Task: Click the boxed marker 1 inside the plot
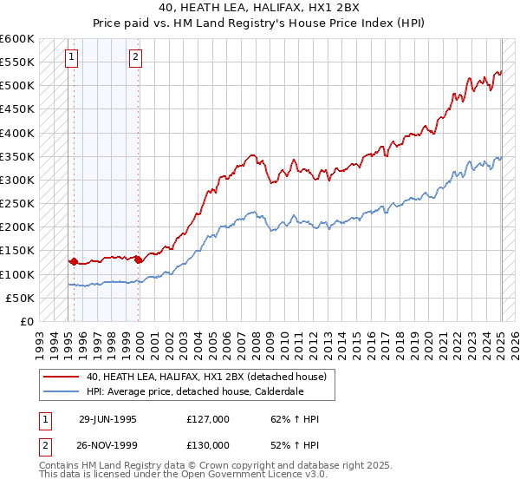coord(71,58)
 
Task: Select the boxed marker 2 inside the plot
coord(136,58)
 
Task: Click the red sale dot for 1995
coord(75,260)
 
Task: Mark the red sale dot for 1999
coord(139,259)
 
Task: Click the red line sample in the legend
coord(61,377)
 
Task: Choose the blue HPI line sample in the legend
coord(61,391)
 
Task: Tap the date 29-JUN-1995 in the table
coord(107,419)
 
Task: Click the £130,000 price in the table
coord(208,445)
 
